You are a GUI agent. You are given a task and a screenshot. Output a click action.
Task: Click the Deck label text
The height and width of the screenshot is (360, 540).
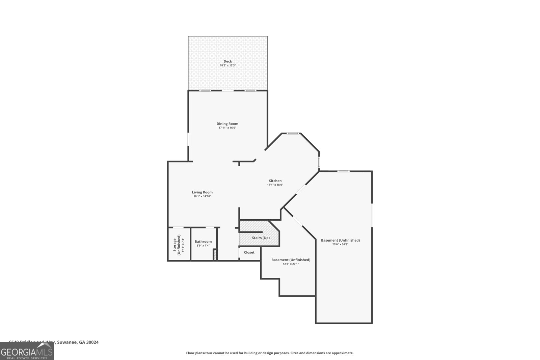pyautogui.click(x=228, y=61)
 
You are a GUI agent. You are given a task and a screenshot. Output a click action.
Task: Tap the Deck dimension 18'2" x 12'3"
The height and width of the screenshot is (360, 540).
pyautogui.click(x=228, y=65)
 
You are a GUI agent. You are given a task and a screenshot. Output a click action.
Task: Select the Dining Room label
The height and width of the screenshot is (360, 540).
pyautogui.click(x=227, y=124)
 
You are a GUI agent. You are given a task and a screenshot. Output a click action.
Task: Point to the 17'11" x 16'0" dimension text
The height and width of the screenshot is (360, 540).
pyautogui.click(x=227, y=128)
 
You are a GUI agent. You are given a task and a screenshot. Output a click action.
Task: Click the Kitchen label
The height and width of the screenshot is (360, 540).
pyautogui.click(x=275, y=181)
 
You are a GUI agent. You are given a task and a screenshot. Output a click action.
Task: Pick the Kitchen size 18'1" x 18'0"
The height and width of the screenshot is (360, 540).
pyautogui.click(x=275, y=185)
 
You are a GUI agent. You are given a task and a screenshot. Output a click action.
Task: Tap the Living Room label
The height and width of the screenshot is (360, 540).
pyautogui.click(x=202, y=192)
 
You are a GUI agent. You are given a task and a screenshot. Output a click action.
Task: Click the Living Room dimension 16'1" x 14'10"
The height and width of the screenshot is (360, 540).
pyautogui.click(x=202, y=196)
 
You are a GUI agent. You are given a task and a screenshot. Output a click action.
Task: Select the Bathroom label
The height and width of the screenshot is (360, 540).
pyautogui.click(x=203, y=242)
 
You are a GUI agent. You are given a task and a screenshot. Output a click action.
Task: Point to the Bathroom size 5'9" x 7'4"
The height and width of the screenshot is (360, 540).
pyautogui.click(x=203, y=246)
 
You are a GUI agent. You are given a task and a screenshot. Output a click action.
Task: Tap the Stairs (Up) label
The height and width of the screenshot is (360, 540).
pyautogui.click(x=261, y=238)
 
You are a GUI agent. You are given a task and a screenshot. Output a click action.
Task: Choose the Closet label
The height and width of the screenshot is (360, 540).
pyautogui.click(x=249, y=252)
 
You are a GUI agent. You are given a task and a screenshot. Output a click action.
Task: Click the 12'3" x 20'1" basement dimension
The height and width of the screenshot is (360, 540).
pyautogui.click(x=291, y=264)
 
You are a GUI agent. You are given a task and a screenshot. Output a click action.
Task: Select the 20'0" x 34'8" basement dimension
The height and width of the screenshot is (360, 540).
pyautogui.click(x=340, y=244)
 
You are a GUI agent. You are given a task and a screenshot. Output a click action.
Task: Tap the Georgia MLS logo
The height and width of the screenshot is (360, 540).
pyautogui.click(x=27, y=351)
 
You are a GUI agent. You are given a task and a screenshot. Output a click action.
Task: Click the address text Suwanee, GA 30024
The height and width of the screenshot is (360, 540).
pyautogui.click(x=78, y=342)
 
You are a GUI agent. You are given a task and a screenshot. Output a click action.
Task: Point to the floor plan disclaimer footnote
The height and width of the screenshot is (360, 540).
pyautogui.click(x=270, y=353)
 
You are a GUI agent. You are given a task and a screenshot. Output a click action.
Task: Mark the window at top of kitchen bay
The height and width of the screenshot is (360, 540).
pyautogui.click(x=293, y=133)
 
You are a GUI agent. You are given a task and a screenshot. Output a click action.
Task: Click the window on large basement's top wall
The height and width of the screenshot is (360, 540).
pyautogui.click(x=344, y=171)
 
